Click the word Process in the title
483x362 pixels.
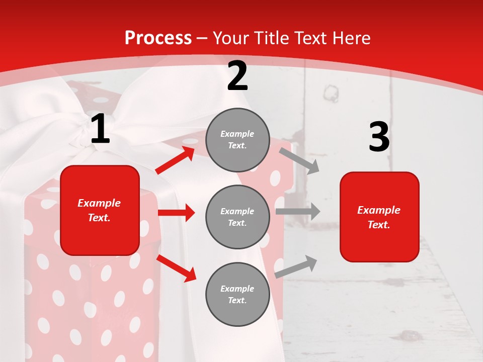158,38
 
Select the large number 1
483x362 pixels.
100,129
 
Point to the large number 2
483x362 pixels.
237,76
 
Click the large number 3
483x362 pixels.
379,137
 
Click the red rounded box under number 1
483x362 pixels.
100,210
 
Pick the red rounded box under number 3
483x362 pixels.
379,217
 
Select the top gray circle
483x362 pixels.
237,140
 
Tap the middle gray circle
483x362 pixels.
237,217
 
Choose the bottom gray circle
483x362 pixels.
237,294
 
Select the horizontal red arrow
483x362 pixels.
176,213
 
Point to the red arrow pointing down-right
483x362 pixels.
177,268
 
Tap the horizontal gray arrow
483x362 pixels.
298,211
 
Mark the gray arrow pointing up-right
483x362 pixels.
296,267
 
